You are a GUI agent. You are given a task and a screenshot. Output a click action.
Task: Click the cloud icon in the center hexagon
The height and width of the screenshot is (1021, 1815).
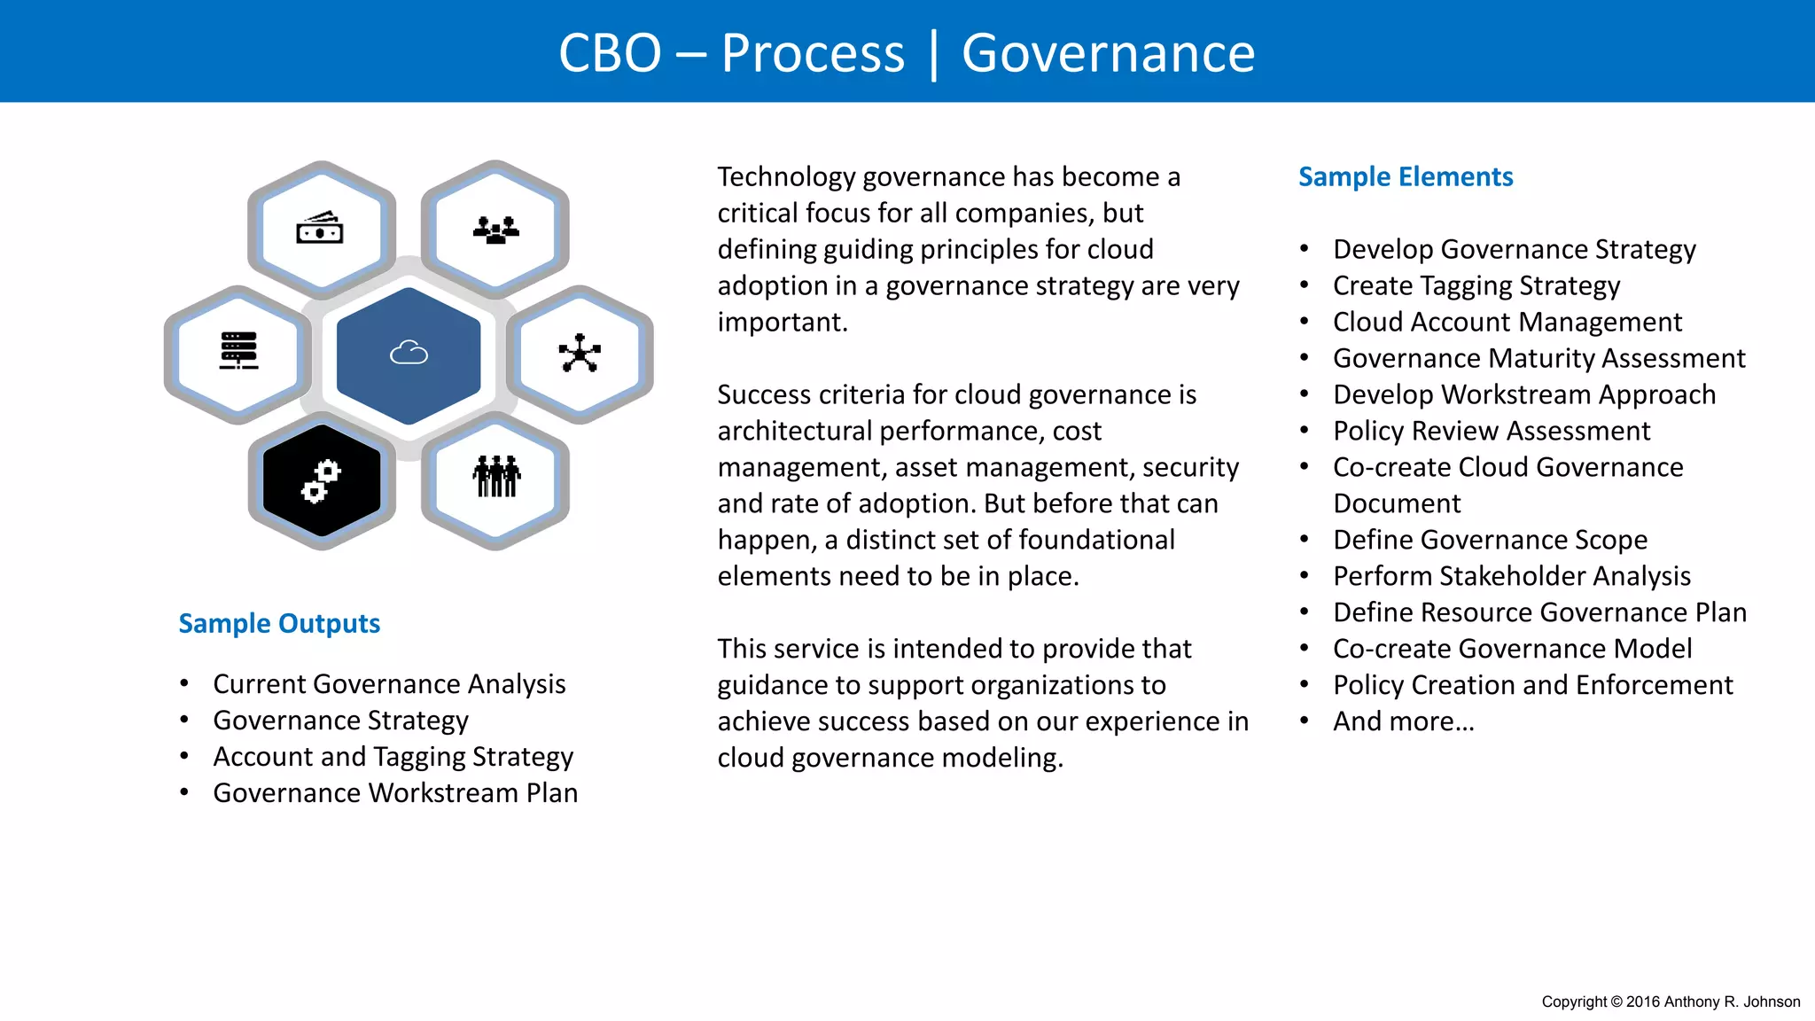click(409, 354)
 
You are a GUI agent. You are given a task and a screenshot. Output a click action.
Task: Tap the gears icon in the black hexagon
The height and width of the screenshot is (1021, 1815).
click(321, 481)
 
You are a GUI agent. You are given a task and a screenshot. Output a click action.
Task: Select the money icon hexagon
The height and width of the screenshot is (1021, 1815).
click(320, 230)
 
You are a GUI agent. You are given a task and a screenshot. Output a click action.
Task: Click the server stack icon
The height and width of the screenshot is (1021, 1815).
click(238, 351)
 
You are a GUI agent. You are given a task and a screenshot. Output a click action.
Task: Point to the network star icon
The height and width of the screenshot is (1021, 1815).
click(580, 354)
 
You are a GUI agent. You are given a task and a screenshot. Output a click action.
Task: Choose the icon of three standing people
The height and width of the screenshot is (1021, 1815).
click(496, 477)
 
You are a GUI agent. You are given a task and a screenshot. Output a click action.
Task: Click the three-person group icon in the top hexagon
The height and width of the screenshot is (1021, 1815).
click(495, 230)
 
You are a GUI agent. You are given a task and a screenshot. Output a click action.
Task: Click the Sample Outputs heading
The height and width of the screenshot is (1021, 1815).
click(279, 623)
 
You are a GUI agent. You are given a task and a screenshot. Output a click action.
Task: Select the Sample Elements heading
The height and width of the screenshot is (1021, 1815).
click(1406, 176)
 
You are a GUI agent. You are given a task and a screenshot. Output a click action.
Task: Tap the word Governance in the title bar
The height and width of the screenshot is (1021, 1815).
click(1108, 53)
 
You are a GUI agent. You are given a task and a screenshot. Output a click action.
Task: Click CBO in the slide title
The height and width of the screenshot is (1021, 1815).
click(610, 53)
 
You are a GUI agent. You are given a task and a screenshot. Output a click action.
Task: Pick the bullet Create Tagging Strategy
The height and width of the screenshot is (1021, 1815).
click(1476, 285)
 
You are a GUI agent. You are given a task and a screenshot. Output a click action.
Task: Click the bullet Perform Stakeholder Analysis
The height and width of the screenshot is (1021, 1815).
click(1512, 576)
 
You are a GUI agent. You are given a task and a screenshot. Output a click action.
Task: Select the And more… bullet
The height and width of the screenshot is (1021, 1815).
click(1404, 721)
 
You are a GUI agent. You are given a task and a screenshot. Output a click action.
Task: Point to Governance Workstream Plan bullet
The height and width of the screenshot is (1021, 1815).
click(395, 793)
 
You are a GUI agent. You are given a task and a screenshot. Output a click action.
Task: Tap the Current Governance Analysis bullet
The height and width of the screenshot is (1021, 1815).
click(389, 684)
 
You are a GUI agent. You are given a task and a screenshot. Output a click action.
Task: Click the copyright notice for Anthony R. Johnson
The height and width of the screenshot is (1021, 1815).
click(1671, 1002)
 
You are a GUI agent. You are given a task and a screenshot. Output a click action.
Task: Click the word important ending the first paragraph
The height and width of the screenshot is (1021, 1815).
click(781, 322)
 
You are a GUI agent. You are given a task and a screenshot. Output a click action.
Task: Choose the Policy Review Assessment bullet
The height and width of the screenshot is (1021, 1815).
click(1492, 431)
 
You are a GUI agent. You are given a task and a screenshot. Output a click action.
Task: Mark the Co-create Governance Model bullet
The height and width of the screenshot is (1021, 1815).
click(1512, 649)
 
